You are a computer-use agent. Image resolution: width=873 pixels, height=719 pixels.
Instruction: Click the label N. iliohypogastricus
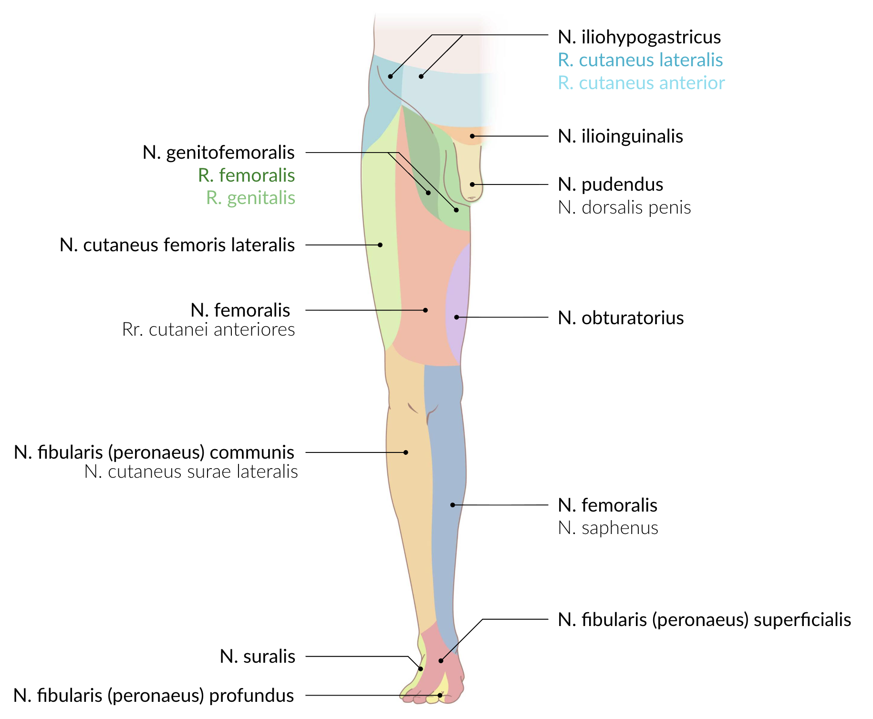pyautogui.click(x=639, y=37)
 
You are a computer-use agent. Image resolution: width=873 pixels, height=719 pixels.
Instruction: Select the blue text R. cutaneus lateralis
pyautogui.click(x=640, y=60)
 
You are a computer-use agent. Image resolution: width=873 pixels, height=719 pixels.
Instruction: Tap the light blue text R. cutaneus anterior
pyautogui.click(x=641, y=83)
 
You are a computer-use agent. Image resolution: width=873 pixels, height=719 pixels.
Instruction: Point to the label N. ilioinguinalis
pyautogui.click(x=620, y=136)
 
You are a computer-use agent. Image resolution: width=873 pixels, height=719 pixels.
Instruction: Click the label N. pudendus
pyautogui.click(x=610, y=185)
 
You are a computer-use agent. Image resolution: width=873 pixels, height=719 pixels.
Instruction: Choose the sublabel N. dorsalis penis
pyautogui.click(x=624, y=207)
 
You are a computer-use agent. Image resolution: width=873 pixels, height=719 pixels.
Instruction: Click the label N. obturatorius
pyautogui.click(x=620, y=318)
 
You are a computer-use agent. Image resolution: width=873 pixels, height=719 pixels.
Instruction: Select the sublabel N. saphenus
pyautogui.click(x=608, y=528)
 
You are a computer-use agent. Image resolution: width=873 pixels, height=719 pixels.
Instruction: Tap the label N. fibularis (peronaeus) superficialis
pyautogui.click(x=704, y=620)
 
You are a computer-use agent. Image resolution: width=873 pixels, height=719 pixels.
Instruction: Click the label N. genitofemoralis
pyautogui.click(x=218, y=153)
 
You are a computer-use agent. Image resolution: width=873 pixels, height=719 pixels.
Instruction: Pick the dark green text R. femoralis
pyautogui.click(x=246, y=175)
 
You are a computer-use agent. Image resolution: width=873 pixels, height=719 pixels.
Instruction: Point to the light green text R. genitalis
pyautogui.click(x=250, y=198)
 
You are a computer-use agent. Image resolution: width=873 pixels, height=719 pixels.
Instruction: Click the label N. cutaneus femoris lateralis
pyautogui.click(x=177, y=245)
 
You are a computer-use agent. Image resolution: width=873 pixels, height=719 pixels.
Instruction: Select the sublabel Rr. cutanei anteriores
pyautogui.click(x=208, y=329)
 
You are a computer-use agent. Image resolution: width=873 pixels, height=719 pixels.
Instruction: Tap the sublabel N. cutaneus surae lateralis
pyautogui.click(x=191, y=472)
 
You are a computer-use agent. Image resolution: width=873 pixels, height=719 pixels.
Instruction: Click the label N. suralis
pyautogui.click(x=257, y=657)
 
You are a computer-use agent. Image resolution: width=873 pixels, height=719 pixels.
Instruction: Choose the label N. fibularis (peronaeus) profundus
pyautogui.click(x=154, y=696)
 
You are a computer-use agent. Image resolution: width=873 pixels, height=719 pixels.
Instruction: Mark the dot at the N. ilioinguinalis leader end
pyautogui.click(x=472, y=136)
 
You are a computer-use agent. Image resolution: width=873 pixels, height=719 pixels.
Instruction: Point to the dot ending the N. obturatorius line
pyautogui.click(x=457, y=317)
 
